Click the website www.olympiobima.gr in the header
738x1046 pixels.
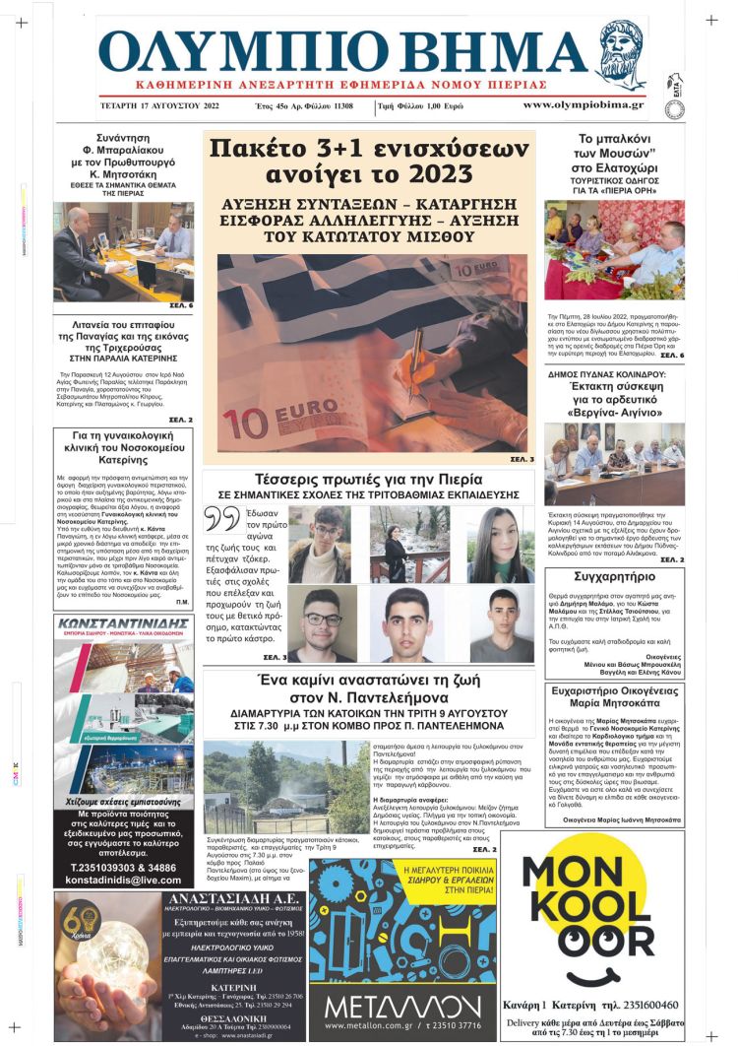click(583, 104)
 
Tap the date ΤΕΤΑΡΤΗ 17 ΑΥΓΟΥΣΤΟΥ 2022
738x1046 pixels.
click(159, 104)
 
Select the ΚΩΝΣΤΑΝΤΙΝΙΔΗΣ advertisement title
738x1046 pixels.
click(124, 623)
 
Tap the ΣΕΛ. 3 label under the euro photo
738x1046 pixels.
click(522, 458)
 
